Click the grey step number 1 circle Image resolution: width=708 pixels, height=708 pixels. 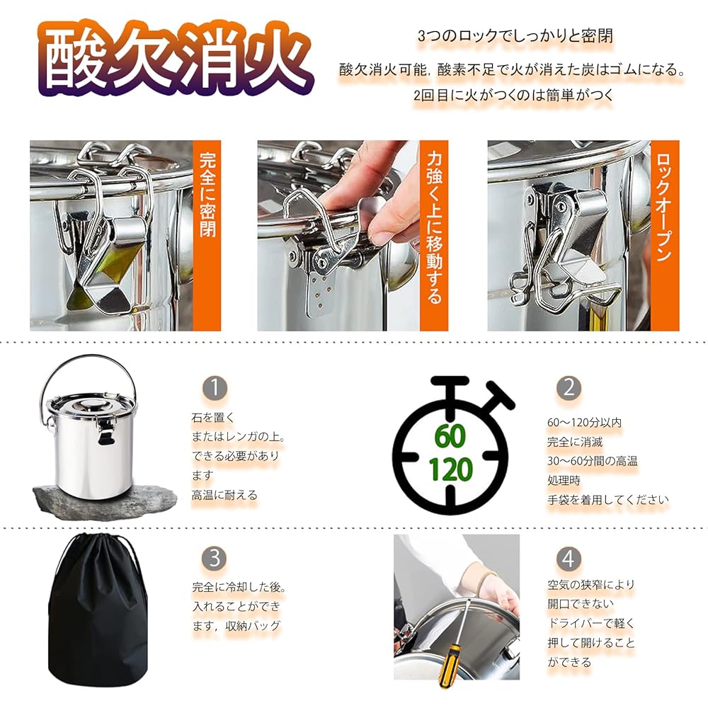215,388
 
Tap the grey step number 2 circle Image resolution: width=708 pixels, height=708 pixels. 569,388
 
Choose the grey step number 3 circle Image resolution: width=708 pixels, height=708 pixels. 215,558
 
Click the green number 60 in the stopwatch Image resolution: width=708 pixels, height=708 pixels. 450,435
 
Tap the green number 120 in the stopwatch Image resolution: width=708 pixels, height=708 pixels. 450,469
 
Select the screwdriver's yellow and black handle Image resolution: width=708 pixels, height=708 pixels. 449,666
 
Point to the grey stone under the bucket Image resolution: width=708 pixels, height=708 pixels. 105,498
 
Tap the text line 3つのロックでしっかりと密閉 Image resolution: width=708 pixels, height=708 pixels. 515,35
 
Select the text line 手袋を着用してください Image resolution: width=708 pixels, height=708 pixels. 607,500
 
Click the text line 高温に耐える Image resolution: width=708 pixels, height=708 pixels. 224,495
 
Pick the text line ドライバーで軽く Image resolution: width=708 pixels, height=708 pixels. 591,623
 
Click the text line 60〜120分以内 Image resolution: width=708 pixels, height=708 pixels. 584,423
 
